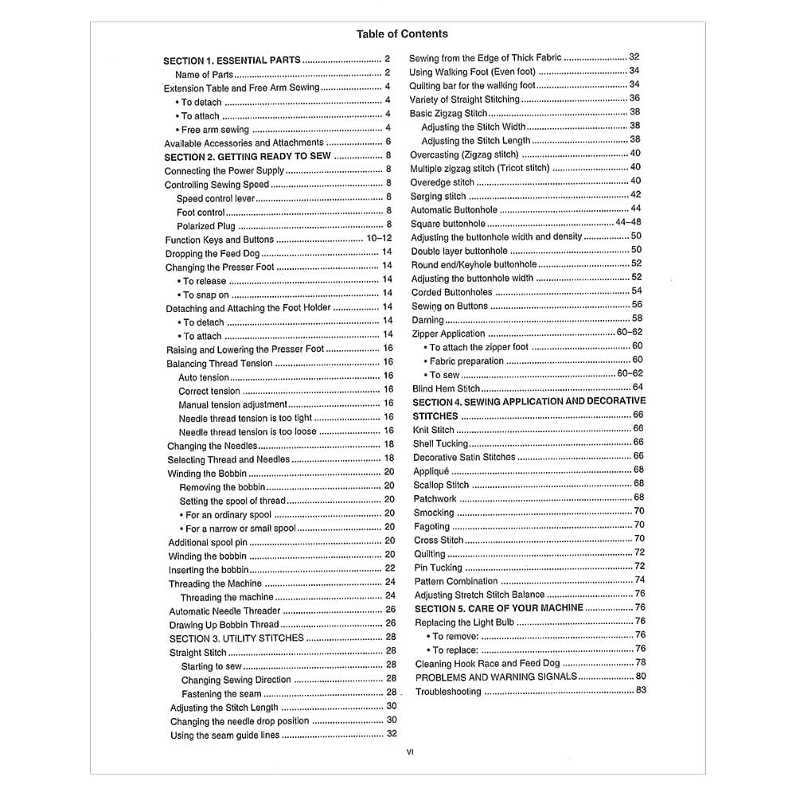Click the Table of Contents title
tap(402, 33)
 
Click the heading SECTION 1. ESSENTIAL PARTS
tap(232, 60)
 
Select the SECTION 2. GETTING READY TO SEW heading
tap(248, 157)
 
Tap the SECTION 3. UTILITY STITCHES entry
tap(236, 638)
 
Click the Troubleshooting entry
tap(448, 692)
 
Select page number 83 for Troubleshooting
tap(641, 690)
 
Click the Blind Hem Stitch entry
tap(446, 388)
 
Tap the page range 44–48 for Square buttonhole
tap(628, 222)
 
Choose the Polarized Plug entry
tap(205, 226)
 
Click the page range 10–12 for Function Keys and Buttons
tap(379, 239)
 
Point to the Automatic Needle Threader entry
tap(224, 611)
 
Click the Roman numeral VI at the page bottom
tap(410, 751)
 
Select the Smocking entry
tap(434, 513)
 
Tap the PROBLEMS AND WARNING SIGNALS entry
tap(496, 677)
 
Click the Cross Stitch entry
tap(438, 540)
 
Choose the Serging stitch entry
tap(438, 196)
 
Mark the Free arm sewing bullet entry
tap(215, 130)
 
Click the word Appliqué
tap(431, 471)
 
